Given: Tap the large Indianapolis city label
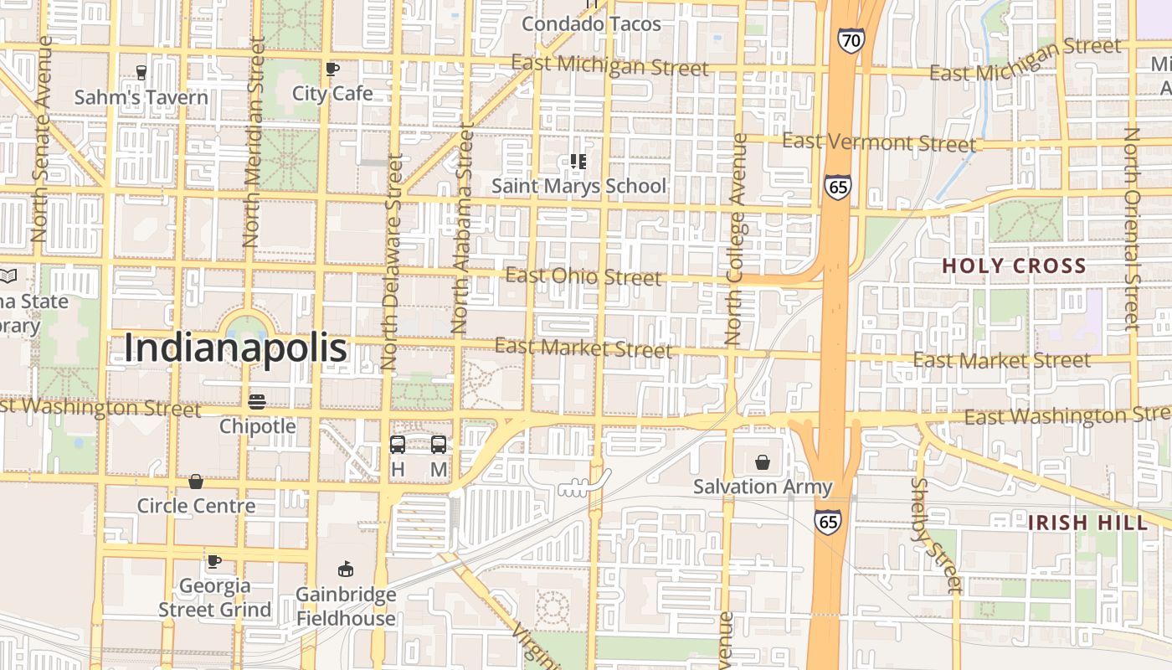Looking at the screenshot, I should tap(235, 348).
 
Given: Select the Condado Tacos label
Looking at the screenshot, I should tap(591, 23).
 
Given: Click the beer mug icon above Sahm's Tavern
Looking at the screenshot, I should tap(141, 72).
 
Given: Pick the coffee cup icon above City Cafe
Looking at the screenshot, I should tap(332, 69).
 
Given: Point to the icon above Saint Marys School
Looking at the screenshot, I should tap(578, 161).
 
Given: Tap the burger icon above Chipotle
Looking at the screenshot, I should tap(257, 401).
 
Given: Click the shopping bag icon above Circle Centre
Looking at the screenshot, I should tap(195, 482).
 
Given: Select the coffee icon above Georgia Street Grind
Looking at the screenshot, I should tap(214, 561).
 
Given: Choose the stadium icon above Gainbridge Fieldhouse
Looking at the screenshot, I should tap(345, 569).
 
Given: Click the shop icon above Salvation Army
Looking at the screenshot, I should tap(763, 462).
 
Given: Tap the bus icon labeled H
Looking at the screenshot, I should tap(398, 445).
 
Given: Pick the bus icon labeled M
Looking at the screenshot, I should tap(439, 445).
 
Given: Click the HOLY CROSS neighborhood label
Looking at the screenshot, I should tap(1014, 266).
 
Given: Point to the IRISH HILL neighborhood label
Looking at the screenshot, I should tap(1087, 523).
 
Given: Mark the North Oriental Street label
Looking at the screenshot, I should tap(1133, 228).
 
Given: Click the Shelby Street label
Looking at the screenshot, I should tap(936, 536).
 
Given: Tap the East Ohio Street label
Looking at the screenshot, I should tap(583, 276).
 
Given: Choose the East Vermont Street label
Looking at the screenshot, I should tap(879, 142).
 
